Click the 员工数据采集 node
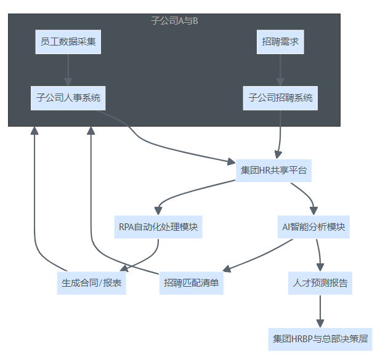[x=68, y=42]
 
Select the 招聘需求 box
[x=280, y=42]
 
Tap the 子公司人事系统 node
[x=68, y=98]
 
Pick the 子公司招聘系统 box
[x=280, y=98]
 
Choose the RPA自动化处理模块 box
[x=158, y=227]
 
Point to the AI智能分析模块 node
[x=313, y=227]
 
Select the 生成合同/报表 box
[x=91, y=283]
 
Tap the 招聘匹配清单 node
[x=192, y=283]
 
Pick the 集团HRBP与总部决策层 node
[x=320, y=338]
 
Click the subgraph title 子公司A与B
[x=174, y=21]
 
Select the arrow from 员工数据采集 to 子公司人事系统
[x=68, y=70]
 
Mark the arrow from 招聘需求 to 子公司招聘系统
[x=280, y=70]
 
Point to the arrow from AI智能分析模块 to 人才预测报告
[x=318, y=254]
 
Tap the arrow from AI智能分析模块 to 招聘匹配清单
[x=259, y=255]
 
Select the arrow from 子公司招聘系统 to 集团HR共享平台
[x=281, y=132]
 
